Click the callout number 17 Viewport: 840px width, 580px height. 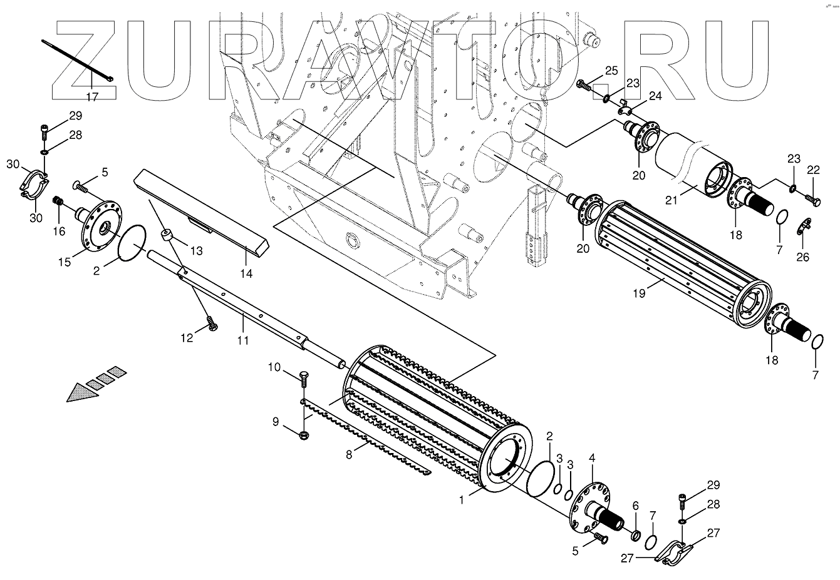coord(92,97)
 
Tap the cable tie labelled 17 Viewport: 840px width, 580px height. coord(75,59)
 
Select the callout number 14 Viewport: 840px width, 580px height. coord(246,273)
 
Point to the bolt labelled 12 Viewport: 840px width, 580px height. coord(211,325)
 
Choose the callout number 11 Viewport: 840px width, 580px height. coord(243,340)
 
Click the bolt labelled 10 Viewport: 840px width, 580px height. coord(304,378)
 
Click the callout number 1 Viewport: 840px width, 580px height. coord(462,500)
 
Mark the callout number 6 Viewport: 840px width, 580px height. coord(635,505)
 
